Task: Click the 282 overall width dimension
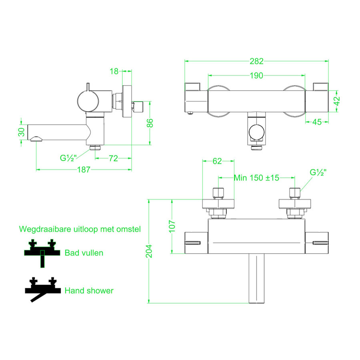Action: [x=256, y=61]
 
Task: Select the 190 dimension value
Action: [x=256, y=76]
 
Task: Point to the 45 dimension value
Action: [x=317, y=122]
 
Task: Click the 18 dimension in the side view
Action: [x=114, y=71]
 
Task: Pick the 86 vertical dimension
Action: [x=150, y=123]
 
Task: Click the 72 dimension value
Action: [x=113, y=158]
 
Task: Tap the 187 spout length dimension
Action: [x=83, y=170]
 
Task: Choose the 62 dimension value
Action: [x=217, y=161]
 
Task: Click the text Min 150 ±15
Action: [x=256, y=178]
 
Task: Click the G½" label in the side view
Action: [x=69, y=158]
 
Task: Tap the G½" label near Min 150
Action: [x=318, y=172]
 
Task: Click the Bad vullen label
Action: [x=84, y=253]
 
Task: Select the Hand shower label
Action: [x=89, y=291]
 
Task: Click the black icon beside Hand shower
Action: [x=42, y=290]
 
